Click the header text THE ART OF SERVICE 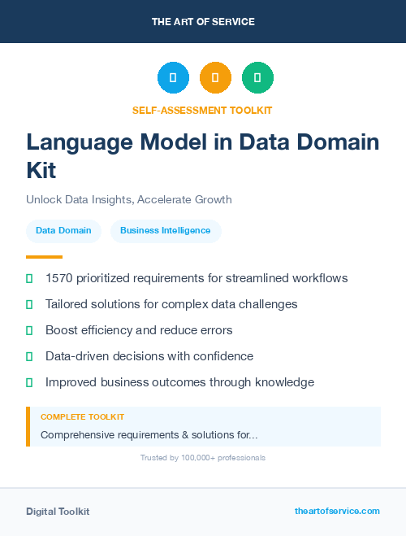tap(203, 21)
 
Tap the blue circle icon tap(173, 78)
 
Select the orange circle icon tap(215, 78)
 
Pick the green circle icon tap(257, 78)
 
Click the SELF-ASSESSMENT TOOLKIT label tap(203, 110)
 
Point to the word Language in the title tap(75, 142)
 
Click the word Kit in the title tap(41, 171)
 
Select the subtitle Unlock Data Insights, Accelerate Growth tap(129, 199)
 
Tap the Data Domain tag tap(64, 231)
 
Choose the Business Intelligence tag tap(166, 231)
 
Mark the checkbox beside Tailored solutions tap(29, 304)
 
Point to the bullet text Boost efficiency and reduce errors tap(139, 330)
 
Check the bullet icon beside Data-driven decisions tap(29, 356)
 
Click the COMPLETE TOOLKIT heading tap(82, 417)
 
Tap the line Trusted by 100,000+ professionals tap(203, 458)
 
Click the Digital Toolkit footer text tap(58, 512)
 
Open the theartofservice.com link tap(337, 511)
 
